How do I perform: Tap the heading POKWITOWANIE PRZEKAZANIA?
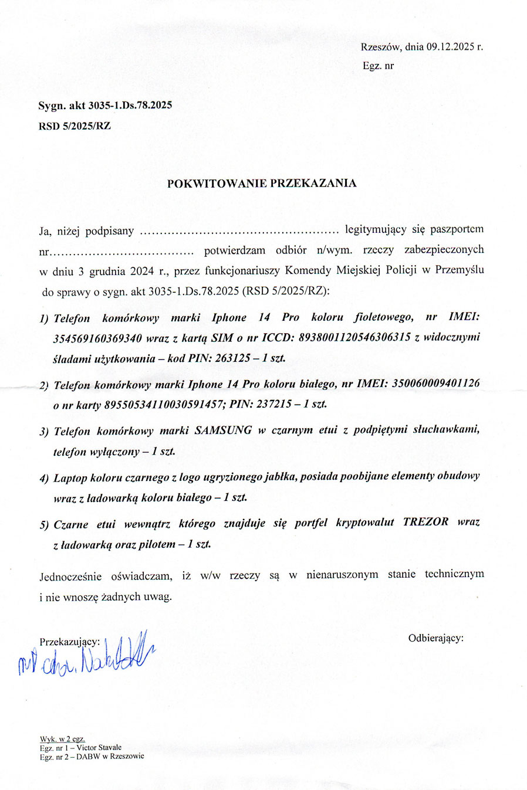262,183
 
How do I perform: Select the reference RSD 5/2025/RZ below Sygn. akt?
75,126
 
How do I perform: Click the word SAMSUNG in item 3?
223,430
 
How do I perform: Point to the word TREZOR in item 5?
425,521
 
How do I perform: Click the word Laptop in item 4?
70,477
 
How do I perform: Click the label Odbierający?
435,638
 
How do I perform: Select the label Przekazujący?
69,642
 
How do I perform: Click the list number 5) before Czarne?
45,525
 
